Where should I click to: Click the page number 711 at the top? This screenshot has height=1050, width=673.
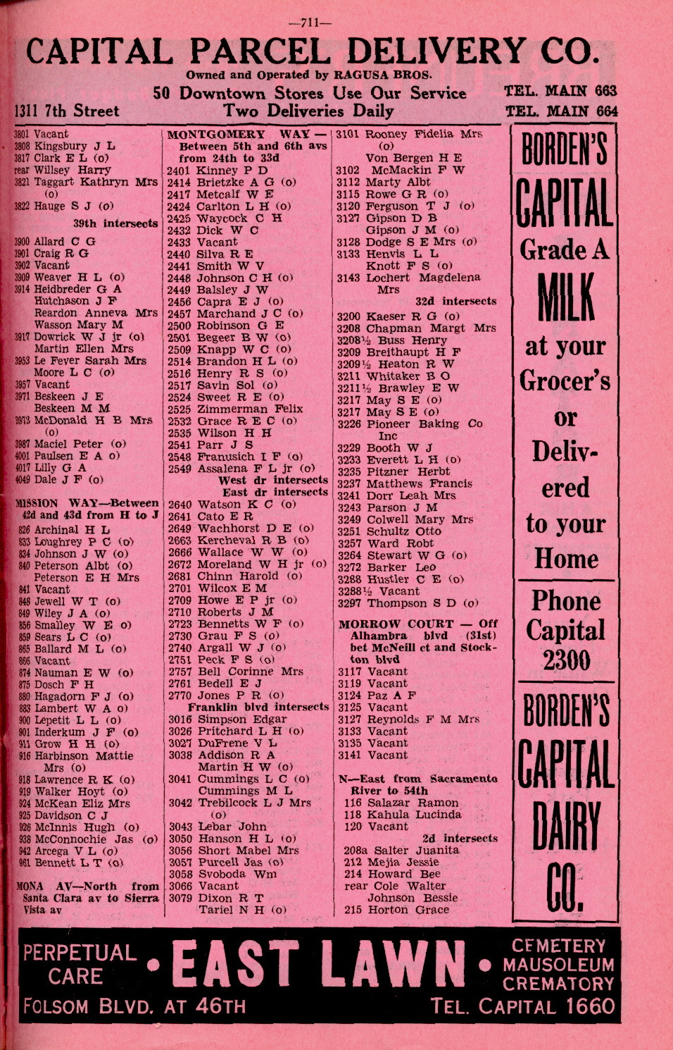[x=310, y=22]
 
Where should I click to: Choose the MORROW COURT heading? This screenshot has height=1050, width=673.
[x=396, y=624]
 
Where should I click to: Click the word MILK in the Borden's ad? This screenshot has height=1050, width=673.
[x=566, y=296]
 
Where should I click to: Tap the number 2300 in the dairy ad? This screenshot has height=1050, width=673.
[x=566, y=660]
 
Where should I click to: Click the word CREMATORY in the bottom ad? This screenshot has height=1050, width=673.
[x=558, y=983]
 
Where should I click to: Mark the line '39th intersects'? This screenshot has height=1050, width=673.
[x=115, y=223]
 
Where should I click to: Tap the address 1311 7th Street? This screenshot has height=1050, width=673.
[x=67, y=111]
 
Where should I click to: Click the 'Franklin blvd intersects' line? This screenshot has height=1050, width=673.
[x=258, y=707]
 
